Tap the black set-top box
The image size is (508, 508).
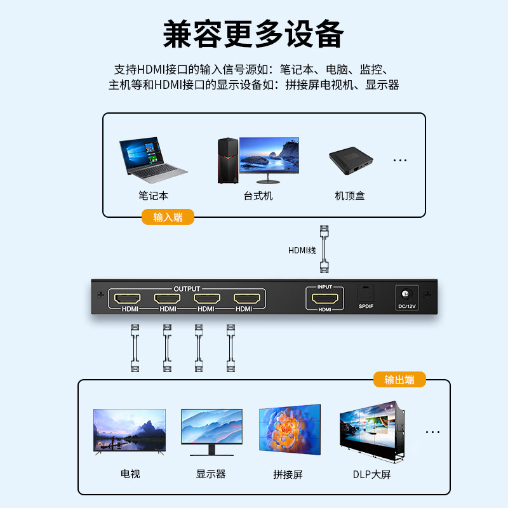pos(350,161)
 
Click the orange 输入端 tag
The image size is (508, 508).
pos(168,217)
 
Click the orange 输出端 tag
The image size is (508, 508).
pos(399,380)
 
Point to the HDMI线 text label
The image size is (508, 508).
pos(302,250)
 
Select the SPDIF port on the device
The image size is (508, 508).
pos(365,294)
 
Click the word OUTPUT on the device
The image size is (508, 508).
pos(187,289)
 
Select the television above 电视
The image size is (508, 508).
pos(130,431)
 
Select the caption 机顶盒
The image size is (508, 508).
pos(350,196)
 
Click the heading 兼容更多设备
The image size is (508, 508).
pos(253,33)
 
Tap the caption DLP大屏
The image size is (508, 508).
pos(372,474)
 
